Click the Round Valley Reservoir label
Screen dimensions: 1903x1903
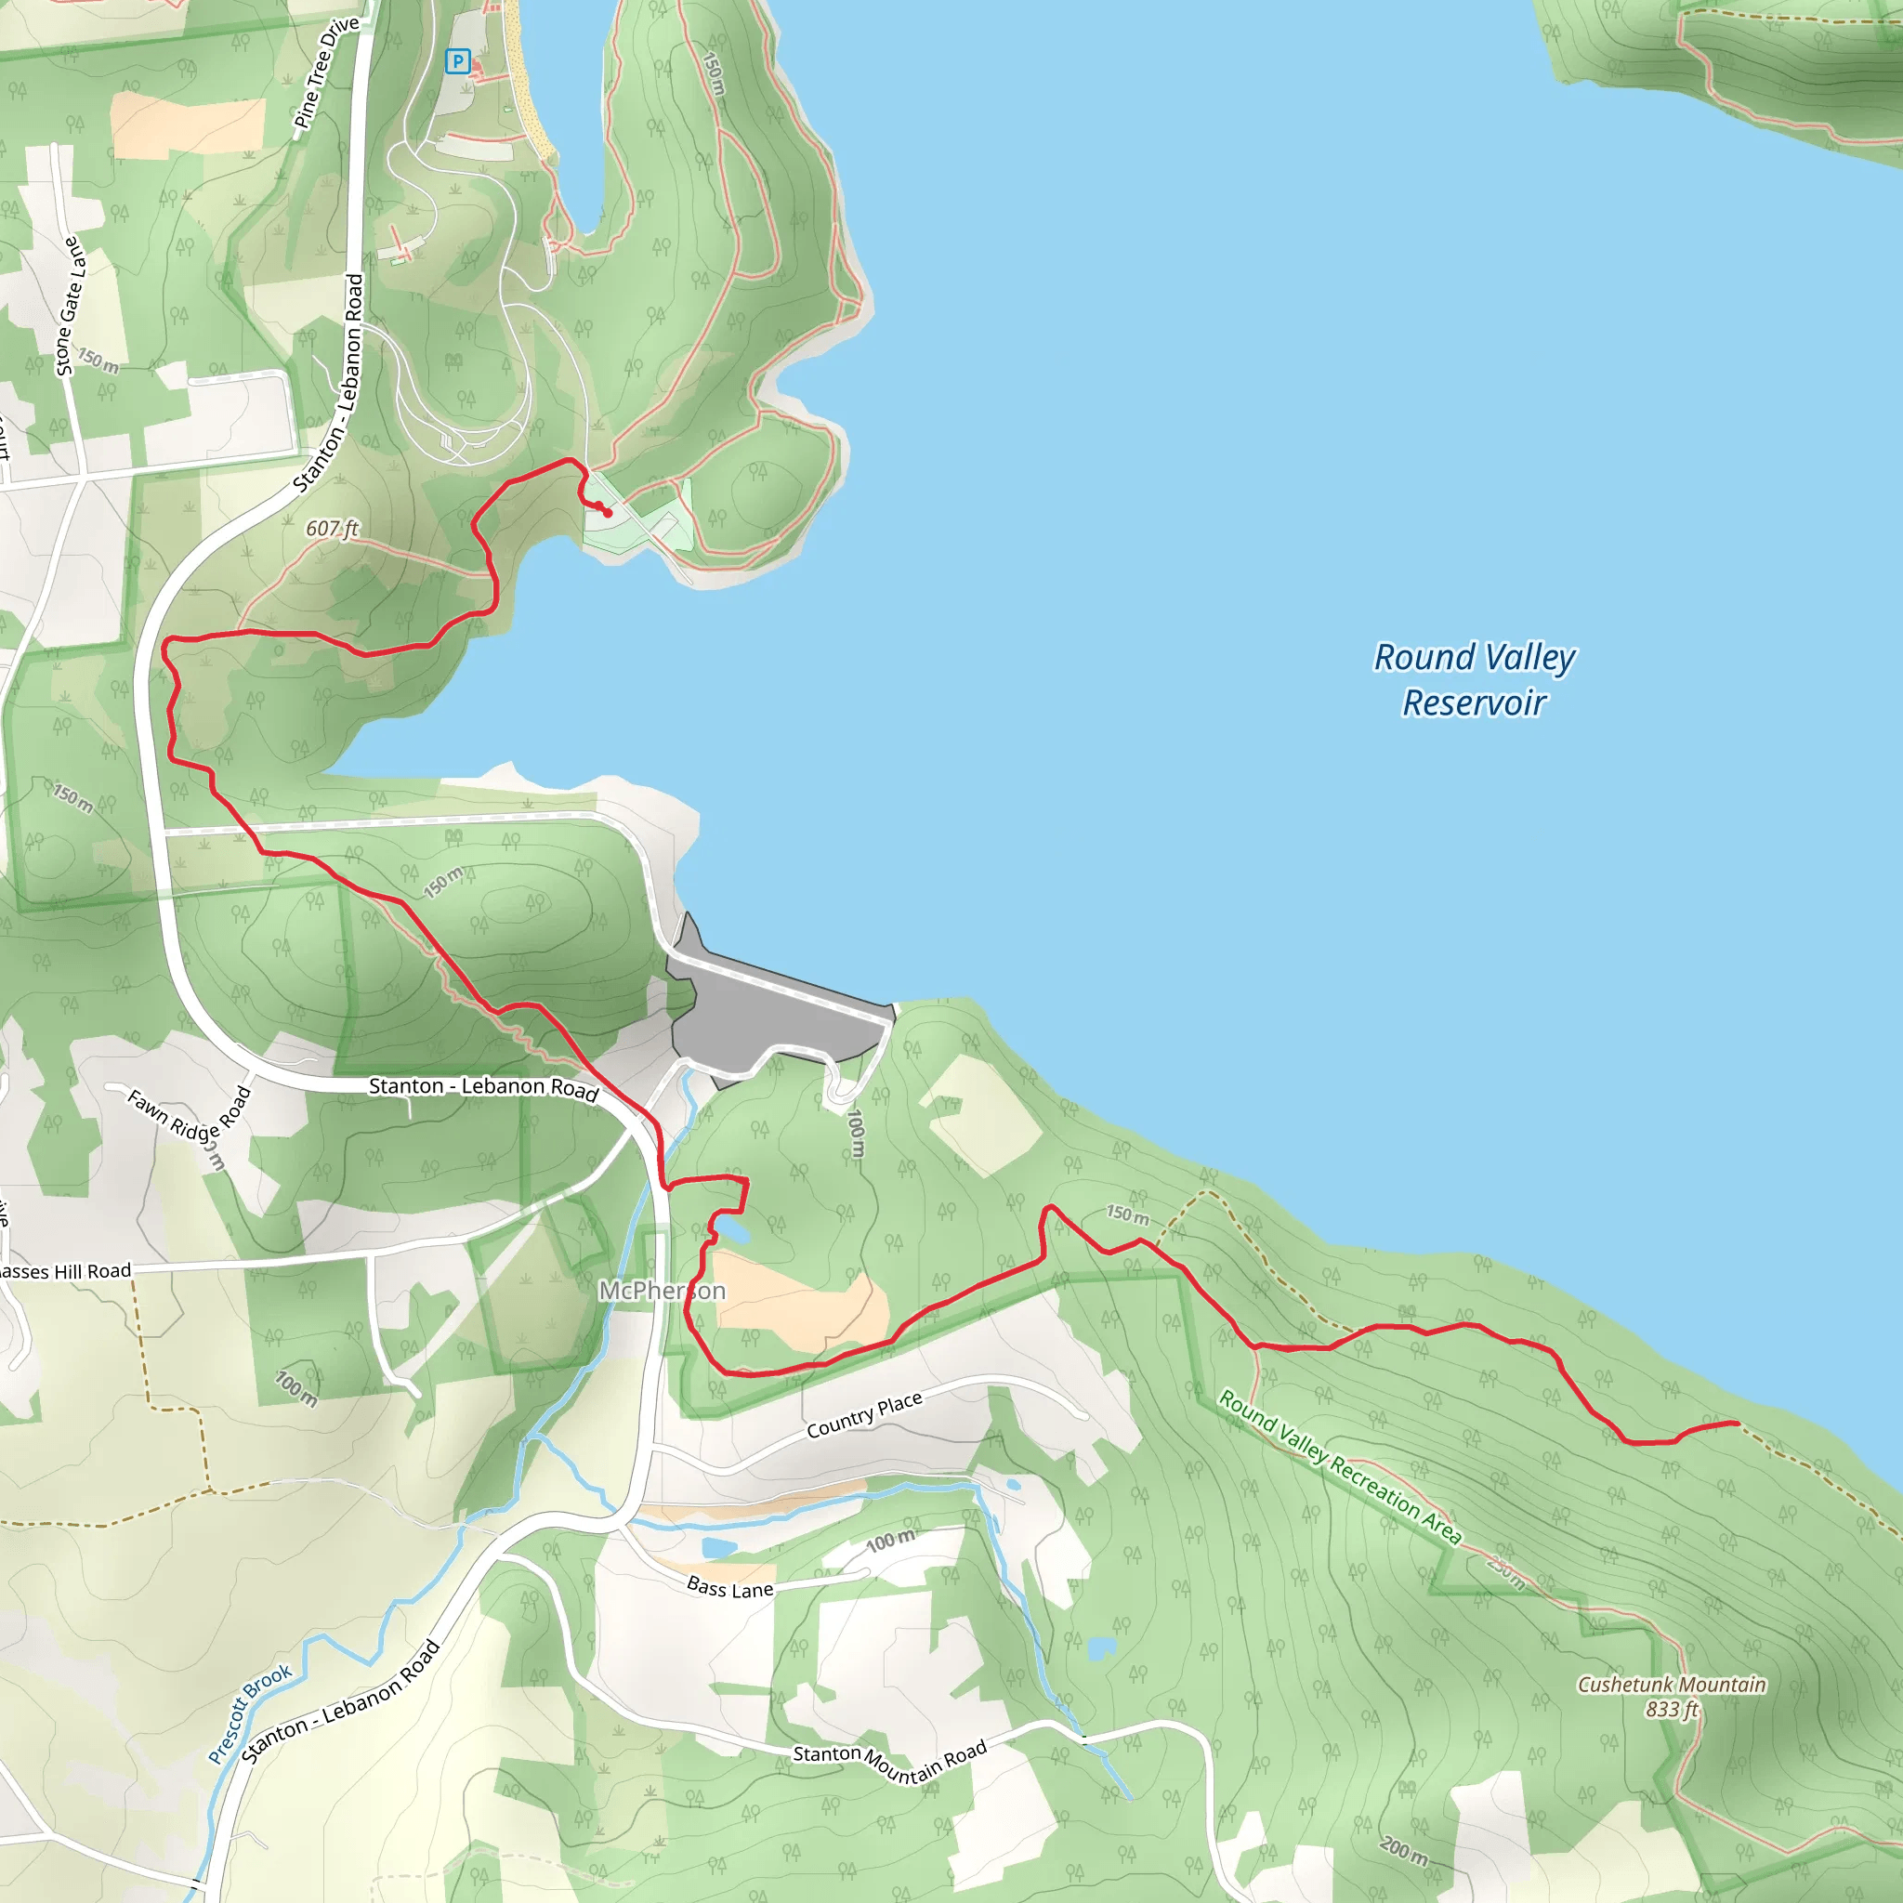[1474, 679]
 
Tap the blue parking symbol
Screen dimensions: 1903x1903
[457, 62]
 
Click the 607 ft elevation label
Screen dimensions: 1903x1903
[332, 529]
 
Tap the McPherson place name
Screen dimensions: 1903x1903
[662, 1291]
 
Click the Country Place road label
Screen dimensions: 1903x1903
[864, 1414]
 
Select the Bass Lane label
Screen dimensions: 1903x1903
[729, 1588]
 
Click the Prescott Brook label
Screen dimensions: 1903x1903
[250, 1713]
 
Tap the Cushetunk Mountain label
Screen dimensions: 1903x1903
[1672, 1685]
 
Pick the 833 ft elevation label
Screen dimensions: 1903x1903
[1672, 1709]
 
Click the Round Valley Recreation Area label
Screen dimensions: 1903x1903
[1340, 1466]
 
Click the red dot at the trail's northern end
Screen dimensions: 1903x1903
[608, 513]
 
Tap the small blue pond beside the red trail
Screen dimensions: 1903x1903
[732, 1230]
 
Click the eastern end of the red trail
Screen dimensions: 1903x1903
[1737, 1423]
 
